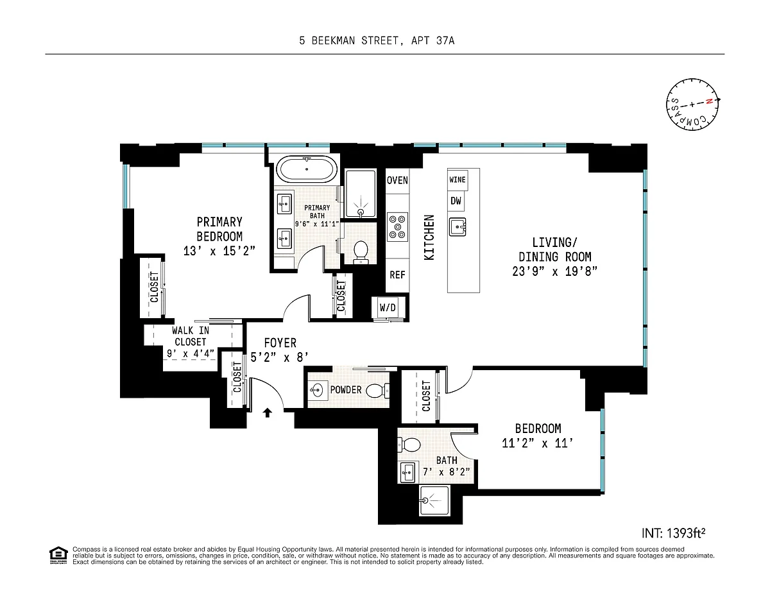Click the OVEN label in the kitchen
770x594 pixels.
coord(397,180)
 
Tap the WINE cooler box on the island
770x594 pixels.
coord(457,180)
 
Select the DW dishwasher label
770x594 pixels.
coord(456,201)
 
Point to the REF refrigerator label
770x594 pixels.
coord(397,275)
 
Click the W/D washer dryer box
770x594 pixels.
coord(388,307)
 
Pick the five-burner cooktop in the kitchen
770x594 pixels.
coord(397,226)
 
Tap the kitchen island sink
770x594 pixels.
coord(457,226)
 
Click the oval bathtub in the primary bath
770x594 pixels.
coord(307,169)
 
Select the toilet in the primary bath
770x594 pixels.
coord(361,252)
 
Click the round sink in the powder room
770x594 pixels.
coord(316,391)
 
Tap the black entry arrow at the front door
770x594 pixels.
coord(267,412)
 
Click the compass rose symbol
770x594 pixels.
coord(692,105)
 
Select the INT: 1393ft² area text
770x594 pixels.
coord(673,533)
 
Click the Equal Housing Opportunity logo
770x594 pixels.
coord(58,555)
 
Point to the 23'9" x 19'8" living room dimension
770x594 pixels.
coord(554,272)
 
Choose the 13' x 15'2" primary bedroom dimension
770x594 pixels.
coord(219,251)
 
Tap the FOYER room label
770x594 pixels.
coord(280,343)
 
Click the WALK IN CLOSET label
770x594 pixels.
coord(191,336)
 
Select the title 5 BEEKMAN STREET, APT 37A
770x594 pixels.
coord(377,41)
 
